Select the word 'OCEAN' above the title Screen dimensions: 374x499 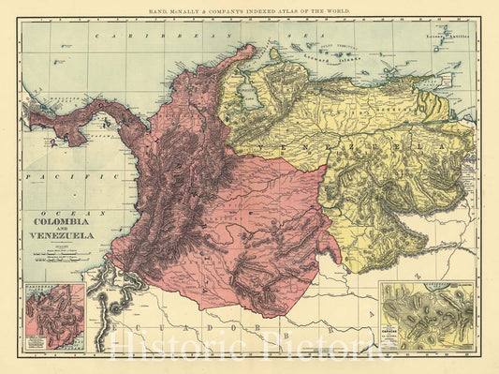[56, 213]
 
